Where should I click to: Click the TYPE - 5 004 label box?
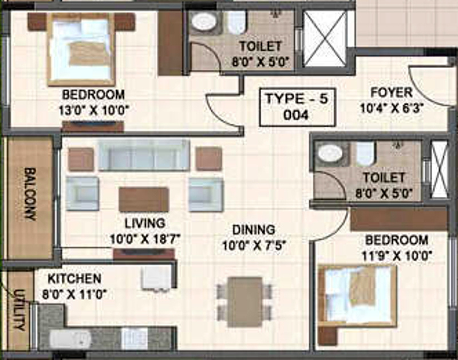click(x=297, y=106)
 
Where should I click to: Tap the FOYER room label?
click(x=391, y=93)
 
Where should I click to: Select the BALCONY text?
click(x=30, y=194)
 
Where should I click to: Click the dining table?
click(x=244, y=301)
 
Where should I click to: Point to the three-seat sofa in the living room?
click(x=143, y=156)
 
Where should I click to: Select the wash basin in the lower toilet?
click(x=329, y=153)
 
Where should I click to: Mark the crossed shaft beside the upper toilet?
click(x=325, y=38)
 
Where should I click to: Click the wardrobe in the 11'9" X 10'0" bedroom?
click(x=398, y=219)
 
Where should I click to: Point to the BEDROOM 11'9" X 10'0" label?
click(x=397, y=247)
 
